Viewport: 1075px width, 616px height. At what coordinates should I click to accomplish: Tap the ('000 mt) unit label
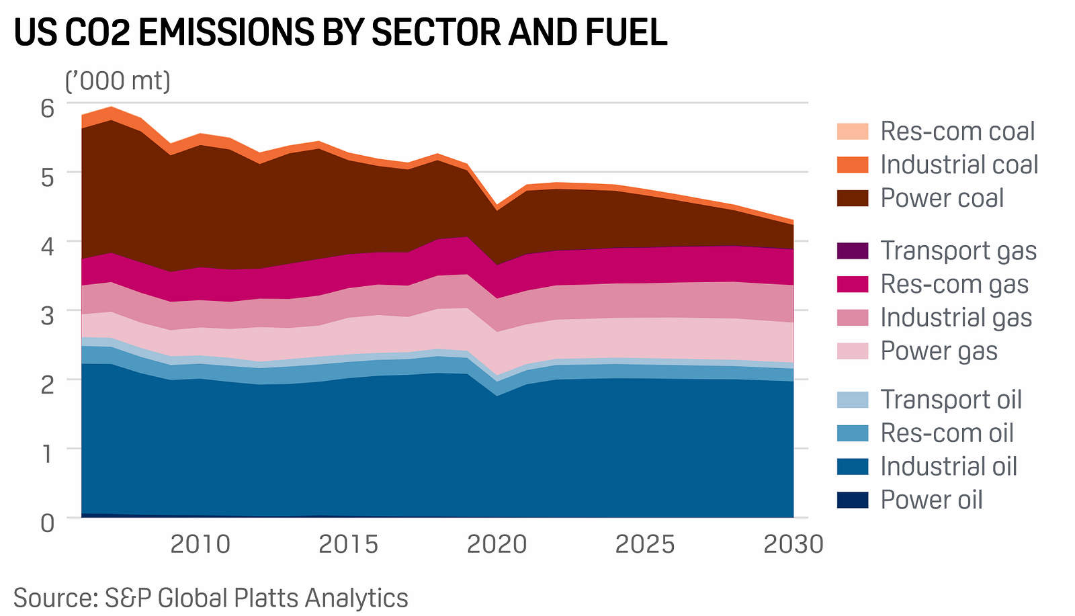(118, 81)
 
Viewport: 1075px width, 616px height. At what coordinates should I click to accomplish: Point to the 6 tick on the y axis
(47, 108)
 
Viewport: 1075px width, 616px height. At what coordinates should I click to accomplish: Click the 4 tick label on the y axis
(47, 246)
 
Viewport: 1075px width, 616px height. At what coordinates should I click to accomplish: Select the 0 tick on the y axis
(47, 522)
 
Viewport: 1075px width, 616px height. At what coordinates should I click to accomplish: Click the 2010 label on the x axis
(200, 544)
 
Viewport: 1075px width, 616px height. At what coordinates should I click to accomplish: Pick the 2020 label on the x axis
(497, 544)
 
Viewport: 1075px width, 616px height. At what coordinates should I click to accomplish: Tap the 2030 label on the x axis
(793, 544)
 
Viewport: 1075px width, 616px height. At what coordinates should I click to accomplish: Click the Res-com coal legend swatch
(853, 131)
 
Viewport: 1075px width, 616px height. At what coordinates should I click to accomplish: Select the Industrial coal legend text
(959, 165)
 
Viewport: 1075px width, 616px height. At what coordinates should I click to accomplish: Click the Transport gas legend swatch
(853, 251)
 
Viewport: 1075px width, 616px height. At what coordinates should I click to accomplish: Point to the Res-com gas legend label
(954, 284)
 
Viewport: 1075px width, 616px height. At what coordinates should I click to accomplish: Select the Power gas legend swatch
(853, 351)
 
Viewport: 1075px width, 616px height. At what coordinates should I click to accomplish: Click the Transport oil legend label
(951, 400)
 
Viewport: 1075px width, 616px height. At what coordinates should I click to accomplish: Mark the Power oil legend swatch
(853, 500)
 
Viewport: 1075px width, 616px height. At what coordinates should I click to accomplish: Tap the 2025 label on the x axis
(645, 544)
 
